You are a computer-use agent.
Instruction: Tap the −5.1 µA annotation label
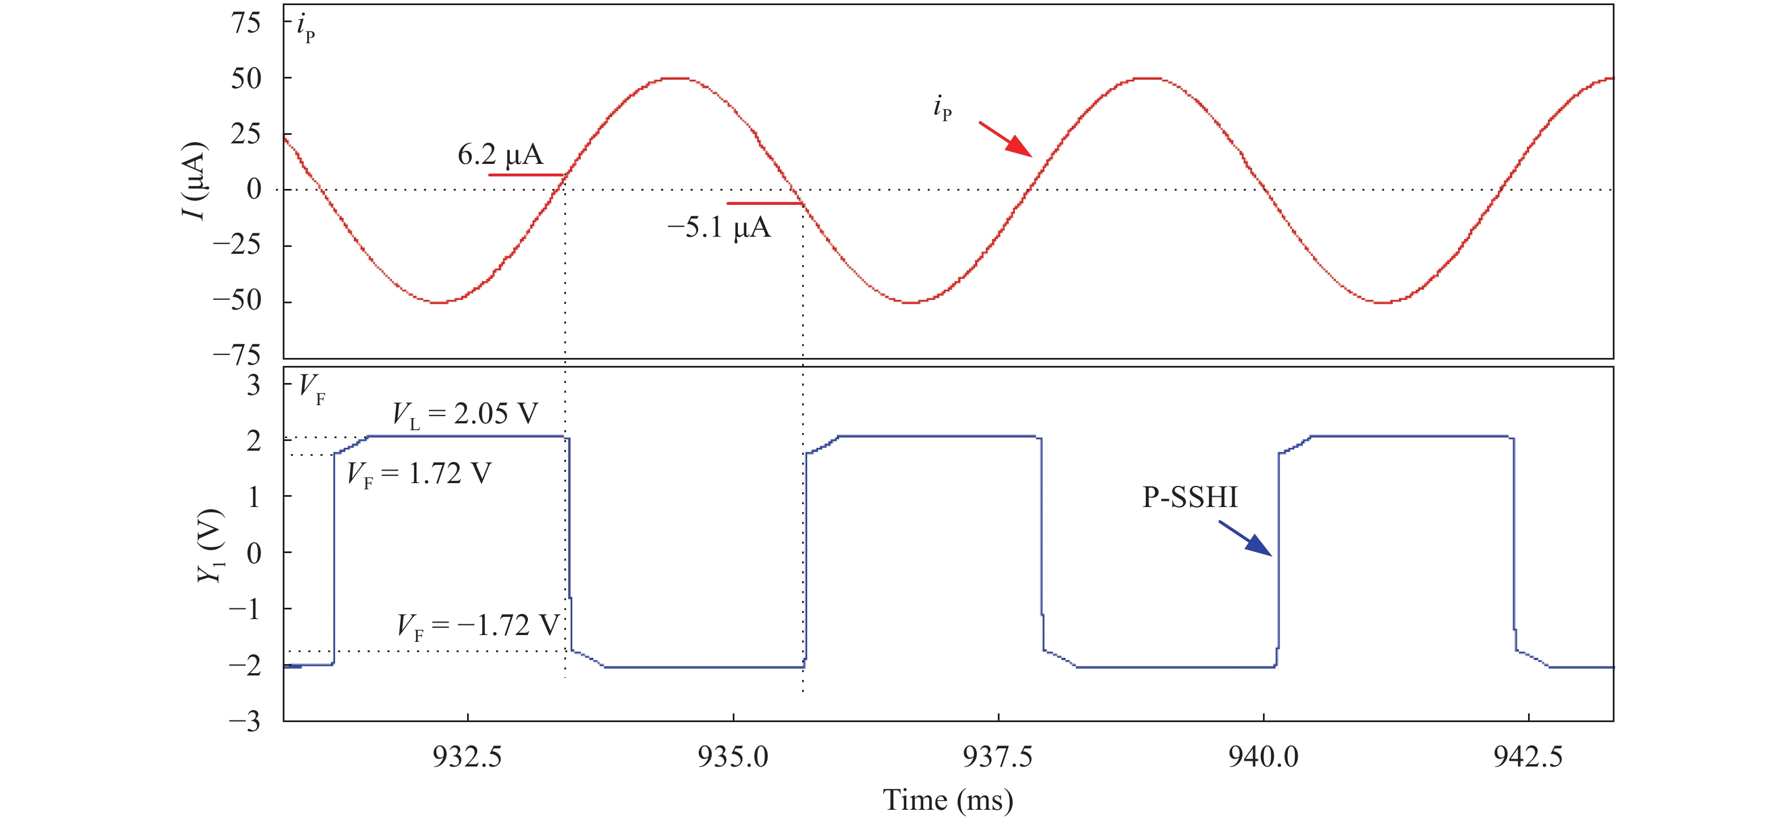719,228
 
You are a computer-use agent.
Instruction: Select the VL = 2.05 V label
465,414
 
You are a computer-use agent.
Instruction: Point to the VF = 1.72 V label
419,475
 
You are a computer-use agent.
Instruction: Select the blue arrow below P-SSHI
1245,539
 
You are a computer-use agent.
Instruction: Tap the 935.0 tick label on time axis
733,757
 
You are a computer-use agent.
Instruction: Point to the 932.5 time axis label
467,757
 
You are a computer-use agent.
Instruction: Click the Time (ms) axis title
947,801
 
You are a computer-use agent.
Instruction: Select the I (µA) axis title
194,181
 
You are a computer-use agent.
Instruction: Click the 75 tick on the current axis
246,23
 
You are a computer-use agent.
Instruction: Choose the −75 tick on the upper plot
237,356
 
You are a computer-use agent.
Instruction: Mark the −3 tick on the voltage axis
245,720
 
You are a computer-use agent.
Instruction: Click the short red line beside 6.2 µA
525,175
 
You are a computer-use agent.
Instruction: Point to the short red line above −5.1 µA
765,203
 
